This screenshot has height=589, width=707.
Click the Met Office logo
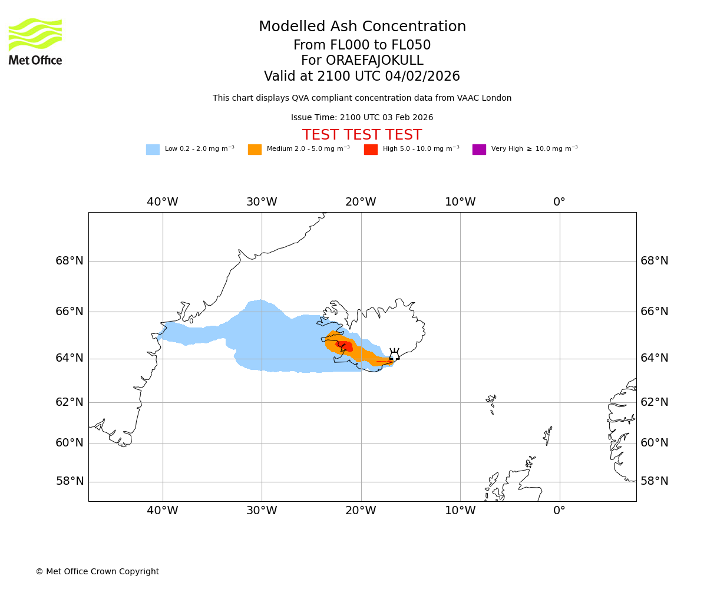coord(35,41)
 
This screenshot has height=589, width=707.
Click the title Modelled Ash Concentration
coord(362,27)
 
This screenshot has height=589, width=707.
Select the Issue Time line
coord(362,118)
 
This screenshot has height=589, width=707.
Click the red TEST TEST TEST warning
coord(362,135)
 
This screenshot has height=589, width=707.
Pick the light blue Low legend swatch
coord(153,150)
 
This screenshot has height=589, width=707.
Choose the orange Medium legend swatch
coord(255,150)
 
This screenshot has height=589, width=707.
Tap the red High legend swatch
coord(371,150)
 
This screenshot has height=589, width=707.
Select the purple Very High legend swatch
coord(479,150)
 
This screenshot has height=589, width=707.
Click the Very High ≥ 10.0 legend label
coord(534,149)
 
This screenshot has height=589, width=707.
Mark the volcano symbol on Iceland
coord(394,355)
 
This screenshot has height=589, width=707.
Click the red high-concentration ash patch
coord(345,345)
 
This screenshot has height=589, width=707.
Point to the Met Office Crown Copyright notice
coord(97,572)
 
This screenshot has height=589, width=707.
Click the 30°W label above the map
coord(262,202)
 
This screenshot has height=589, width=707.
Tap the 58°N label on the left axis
coord(70,481)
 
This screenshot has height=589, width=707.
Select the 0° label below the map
coord(559,511)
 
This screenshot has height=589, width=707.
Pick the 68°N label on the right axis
coord(655,260)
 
